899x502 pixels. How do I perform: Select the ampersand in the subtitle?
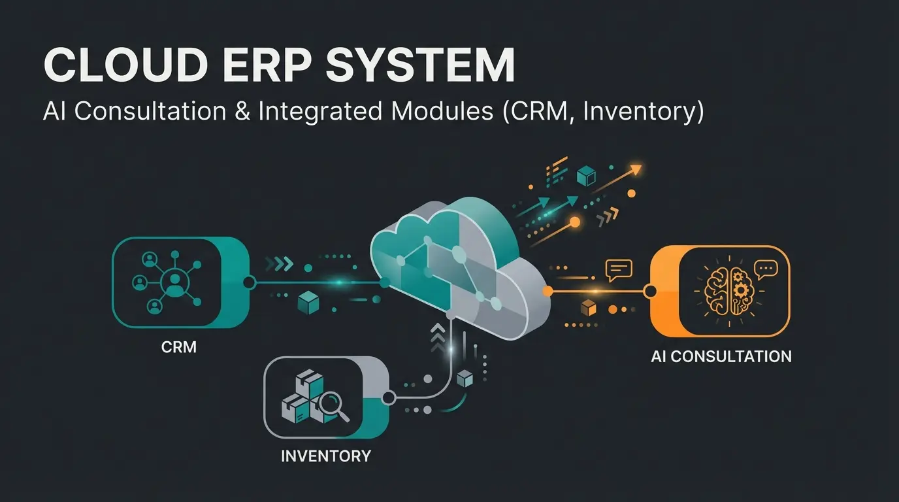coord(239,111)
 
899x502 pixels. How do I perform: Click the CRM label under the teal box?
coord(178,347)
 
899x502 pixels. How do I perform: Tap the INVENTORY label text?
coord(325,456)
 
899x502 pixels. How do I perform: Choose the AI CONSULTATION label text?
coord(721,357)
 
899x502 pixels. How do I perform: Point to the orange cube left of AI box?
coord(589,307)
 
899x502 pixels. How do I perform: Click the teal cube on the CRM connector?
coord(307,303)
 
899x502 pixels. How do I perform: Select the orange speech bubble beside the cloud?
coord(618,269)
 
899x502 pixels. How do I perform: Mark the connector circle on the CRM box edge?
coord(248,282)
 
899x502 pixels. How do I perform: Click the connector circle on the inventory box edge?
coord(388,397)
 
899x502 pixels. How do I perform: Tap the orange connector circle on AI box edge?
coord(650,291)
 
